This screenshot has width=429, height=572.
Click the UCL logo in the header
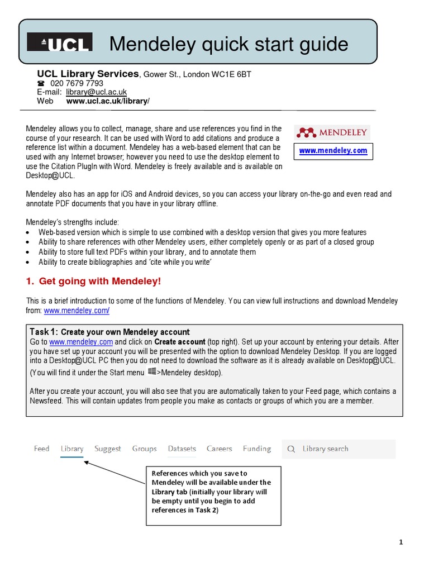click(60, 43)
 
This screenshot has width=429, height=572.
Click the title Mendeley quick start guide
click(228, 44)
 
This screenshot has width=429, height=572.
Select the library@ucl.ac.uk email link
click(96, 92)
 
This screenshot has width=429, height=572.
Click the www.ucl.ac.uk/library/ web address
click(108, 101)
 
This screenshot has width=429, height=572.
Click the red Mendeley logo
click(332, 132)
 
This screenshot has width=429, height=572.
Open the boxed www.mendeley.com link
click(333, 151)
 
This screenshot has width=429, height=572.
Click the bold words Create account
click(179, 341)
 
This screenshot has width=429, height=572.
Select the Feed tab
click(41, 449)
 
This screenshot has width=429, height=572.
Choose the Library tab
click(72, 449)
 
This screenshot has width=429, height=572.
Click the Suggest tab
click(107, 449)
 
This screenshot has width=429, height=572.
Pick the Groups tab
click(144, 449)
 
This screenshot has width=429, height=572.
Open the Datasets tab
click(182, 449)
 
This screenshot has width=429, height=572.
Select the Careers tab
click(219, 449)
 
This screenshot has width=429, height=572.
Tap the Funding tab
click(256, 449)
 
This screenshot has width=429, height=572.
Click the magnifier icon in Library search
click(291, 449)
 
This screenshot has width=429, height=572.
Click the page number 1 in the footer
click(401, 542)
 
